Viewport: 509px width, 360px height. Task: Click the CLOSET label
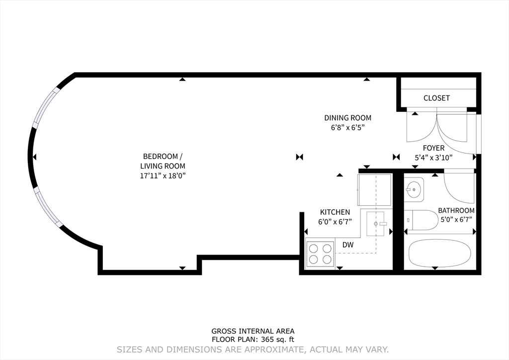tap(436, 98)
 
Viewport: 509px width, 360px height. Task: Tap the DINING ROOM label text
tap(347, 118)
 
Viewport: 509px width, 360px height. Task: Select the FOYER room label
tap(433, 148)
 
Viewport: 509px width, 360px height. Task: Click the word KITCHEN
tap(335, 212)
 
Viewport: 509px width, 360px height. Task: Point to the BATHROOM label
tap(456, 210)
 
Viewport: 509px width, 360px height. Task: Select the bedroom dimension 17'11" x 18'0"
tap(163, 176)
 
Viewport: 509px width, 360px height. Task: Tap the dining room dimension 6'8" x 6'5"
tap(347, 127)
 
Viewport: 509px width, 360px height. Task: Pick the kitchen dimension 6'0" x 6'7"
tap(335, 222)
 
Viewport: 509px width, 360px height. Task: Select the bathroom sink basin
tap(414, 189)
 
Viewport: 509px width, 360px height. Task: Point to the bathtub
tap(439, 254)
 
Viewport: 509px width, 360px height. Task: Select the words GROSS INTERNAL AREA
tap(253, 331)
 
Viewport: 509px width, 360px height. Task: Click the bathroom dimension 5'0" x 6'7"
tap(456, 219)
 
